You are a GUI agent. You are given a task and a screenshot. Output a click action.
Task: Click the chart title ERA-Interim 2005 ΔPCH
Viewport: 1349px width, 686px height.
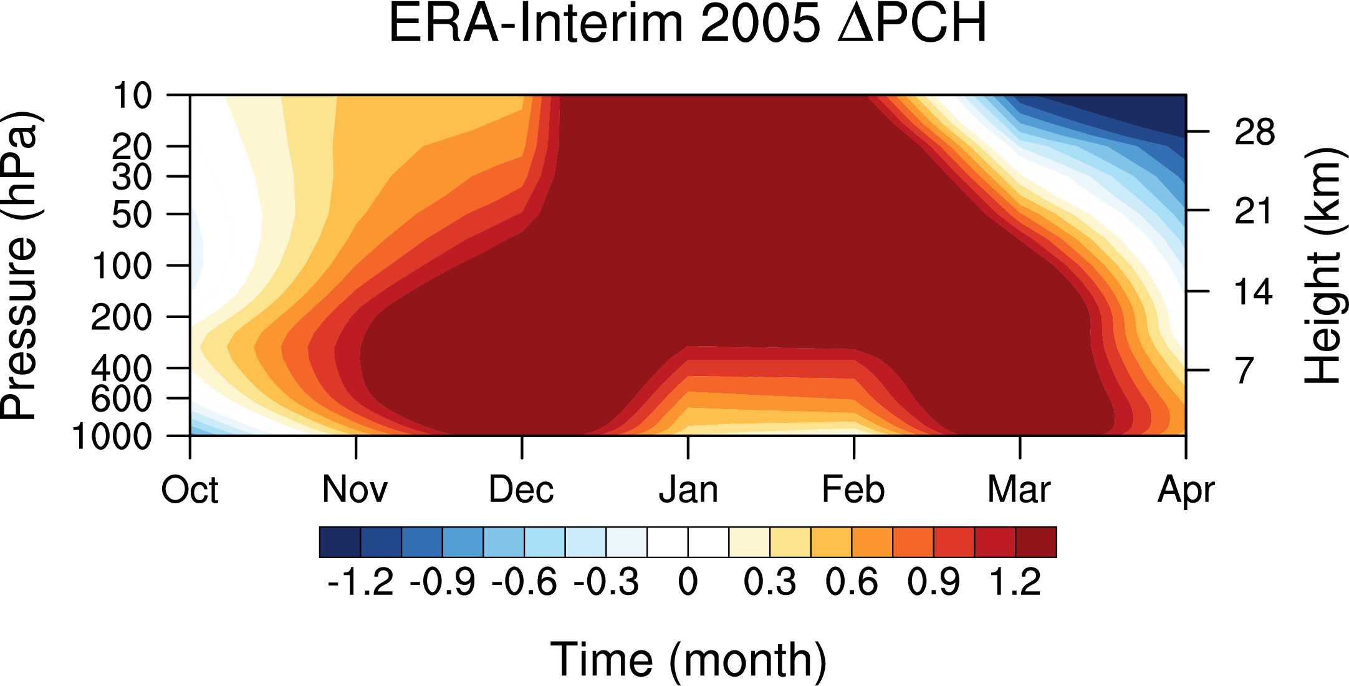click(688, 24)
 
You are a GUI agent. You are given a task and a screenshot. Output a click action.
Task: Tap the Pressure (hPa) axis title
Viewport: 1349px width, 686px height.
click(20, 266)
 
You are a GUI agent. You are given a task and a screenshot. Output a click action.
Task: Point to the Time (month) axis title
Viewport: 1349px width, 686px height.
click(688, 660)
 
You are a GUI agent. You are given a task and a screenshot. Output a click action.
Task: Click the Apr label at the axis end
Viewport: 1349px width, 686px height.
click(1186, 491)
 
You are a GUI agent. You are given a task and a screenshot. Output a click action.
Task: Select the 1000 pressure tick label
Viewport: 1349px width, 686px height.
click(112, 437)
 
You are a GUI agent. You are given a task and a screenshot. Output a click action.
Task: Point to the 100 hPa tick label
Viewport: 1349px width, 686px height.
click(122, 266)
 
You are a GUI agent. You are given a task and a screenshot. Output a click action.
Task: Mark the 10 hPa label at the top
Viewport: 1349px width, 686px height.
click(132, 96)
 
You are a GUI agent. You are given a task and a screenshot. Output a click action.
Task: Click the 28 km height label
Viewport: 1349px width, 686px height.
click(1254, 132)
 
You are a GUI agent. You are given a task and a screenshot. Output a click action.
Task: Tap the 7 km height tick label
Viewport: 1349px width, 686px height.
click(1244, 370)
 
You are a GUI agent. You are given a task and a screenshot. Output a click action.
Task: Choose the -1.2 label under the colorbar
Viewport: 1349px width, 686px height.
click(360, 582)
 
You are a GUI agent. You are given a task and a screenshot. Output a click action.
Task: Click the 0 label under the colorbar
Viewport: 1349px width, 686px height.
click(688, 582)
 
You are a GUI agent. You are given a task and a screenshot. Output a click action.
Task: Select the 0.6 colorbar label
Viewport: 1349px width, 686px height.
click(852, 582)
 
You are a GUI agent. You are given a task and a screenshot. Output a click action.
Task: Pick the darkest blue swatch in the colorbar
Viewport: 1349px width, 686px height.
click(340, 542)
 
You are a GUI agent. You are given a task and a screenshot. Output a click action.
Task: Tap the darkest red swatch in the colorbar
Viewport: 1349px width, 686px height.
click(1036, 542)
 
